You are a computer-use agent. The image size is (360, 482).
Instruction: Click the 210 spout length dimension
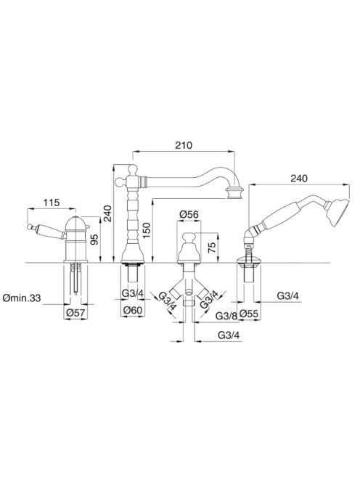(x=184, y=145)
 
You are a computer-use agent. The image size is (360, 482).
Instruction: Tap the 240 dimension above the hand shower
(x=299, y=179)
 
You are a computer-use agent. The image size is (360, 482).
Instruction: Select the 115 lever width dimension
(x=51, y=203)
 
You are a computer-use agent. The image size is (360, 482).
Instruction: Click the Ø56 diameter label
(x=189, y=214)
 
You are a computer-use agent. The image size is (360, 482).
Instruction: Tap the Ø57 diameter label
(x=75, y=313)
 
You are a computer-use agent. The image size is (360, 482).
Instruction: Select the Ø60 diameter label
(x=133, y=310)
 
